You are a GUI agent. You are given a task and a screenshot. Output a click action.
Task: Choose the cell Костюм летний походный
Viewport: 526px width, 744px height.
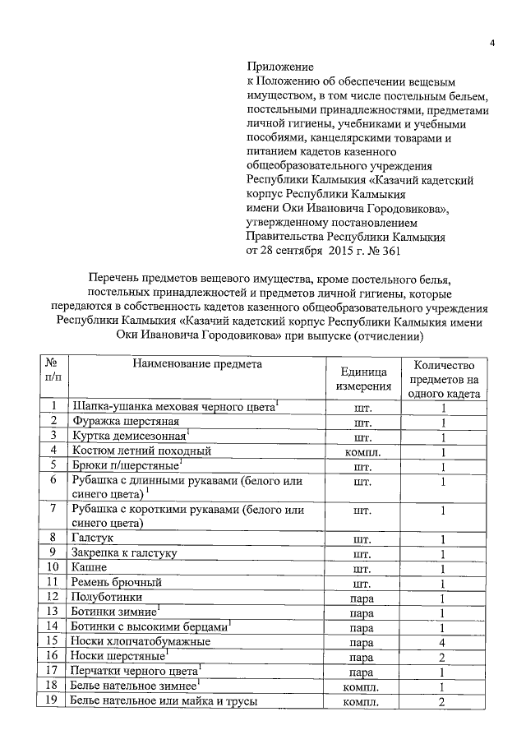[x=142, y=451]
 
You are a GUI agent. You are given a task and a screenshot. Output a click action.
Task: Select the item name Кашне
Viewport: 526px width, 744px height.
[x=89, y=567]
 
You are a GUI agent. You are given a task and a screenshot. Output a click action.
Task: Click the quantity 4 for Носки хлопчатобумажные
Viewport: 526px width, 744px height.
[x=442, y=641]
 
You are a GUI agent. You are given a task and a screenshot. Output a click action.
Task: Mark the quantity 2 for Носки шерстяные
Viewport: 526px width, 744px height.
[x=442, y=656]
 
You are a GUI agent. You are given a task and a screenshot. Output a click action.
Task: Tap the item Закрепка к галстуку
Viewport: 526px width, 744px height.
[x=124, y=552]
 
